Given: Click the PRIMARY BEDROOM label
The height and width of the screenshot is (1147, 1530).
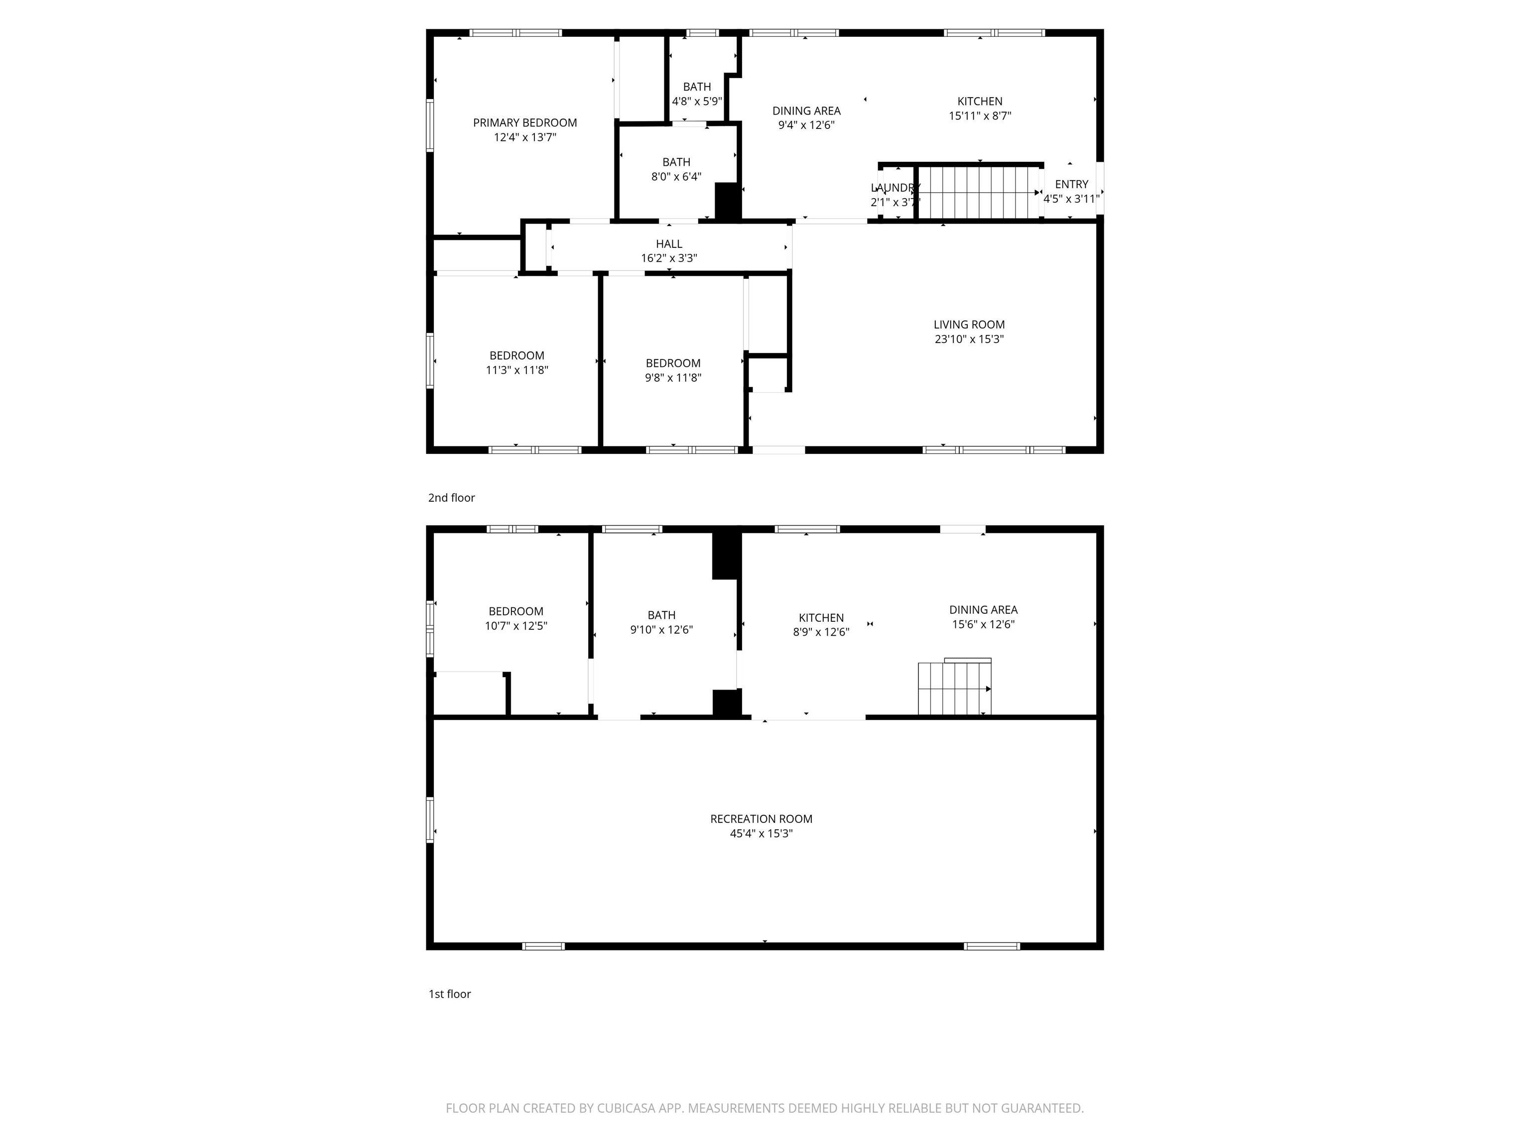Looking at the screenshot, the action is click(x=525, y=122).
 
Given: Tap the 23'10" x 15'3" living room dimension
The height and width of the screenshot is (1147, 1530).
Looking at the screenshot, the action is click(x=969, y=339).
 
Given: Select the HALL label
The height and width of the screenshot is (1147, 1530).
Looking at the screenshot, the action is click(x=669, y=243).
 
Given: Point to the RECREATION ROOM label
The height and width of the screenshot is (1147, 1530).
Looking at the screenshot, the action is click(x=761, y=818).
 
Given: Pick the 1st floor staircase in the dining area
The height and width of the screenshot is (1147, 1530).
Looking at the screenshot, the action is click(x=955, y=687).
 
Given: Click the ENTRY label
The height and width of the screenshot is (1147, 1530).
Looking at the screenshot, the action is click(x=1071, y=184).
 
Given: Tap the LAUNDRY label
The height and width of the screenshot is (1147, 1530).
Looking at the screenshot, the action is click(x=895, y=187).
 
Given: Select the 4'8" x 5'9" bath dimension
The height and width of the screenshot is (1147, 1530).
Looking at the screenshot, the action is click(x=697, y=101).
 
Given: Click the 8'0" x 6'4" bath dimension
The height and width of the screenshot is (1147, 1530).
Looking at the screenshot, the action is click(x=676, y=176).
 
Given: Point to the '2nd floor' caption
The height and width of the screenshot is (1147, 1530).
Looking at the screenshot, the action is click(x=452, y=497).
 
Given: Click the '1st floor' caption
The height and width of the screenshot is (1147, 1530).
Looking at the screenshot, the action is click(x=450, y=994).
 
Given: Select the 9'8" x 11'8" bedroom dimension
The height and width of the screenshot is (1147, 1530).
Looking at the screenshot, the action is click(x=673, y=377).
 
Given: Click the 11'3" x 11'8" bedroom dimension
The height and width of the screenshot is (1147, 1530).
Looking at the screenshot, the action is click(x=516, y=370).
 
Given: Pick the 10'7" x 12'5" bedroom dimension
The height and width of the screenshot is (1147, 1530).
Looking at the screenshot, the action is click(x=516, y=626).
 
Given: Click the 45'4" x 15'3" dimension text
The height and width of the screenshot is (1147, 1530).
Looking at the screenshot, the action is click(x=761, y=833).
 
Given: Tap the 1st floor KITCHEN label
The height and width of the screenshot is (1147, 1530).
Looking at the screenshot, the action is click(x=821, y=617).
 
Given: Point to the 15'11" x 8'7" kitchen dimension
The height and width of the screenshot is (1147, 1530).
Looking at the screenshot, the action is click(x=980, y=115).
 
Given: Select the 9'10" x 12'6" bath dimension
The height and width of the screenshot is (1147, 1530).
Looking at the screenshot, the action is click(x=661, y=629).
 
